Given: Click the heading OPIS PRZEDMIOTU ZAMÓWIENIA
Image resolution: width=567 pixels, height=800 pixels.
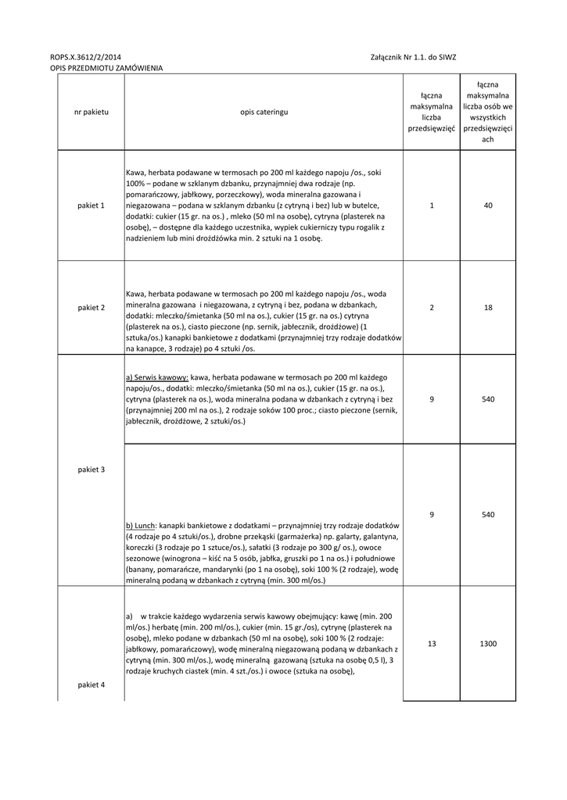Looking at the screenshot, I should point(106,69).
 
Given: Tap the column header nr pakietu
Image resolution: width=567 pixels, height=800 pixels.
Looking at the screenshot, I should point(91,112).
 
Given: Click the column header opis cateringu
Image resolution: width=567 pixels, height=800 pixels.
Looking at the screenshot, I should point(264,112).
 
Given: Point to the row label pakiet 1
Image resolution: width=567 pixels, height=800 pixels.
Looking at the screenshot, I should point(91,205).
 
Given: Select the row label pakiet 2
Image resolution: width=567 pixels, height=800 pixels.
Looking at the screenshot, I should point(91,308).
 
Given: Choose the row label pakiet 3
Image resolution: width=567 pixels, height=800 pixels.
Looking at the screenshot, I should point(91,470).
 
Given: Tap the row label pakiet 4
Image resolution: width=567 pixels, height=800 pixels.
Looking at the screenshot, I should point(91,684).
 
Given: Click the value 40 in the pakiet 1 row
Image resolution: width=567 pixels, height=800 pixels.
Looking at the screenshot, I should point(488,205).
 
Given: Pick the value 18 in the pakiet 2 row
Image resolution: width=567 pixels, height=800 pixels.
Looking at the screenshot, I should point(488,308).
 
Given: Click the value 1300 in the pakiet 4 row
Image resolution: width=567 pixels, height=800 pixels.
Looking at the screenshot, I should point(488,644).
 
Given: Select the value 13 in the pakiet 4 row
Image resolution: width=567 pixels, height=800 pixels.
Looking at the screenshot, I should point(432,644).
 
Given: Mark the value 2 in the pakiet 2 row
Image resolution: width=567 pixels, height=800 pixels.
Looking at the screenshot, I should point(432,308).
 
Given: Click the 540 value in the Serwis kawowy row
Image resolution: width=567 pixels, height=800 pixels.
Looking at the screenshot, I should point(488,399).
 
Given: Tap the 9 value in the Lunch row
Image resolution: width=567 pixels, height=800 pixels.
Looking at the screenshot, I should point(432,515).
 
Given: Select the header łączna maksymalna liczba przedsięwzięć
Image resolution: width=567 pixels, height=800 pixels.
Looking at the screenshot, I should point(432,112).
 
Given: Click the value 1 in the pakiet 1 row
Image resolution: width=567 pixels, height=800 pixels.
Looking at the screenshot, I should point(432,205).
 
